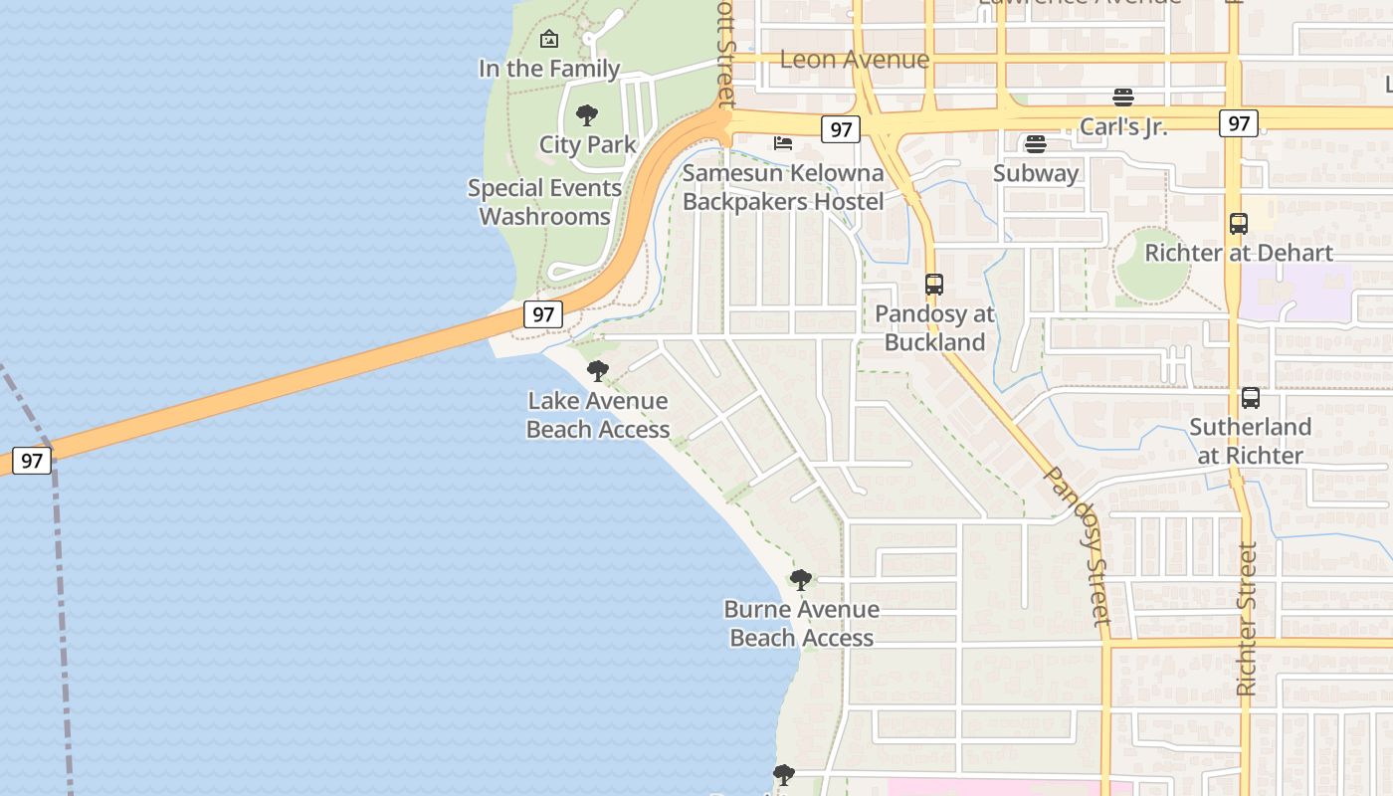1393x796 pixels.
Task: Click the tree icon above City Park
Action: (587, 115)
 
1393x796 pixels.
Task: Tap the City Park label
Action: (587, 144)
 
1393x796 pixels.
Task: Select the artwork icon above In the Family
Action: (548, 40)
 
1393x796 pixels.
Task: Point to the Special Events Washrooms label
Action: (544, 202)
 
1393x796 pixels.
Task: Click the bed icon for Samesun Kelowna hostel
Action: (783, 143)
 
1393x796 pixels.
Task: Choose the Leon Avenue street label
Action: (855, 59)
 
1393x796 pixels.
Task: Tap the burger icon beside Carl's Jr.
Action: (1123, 98)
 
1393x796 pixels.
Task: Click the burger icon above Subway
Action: (1036, 144)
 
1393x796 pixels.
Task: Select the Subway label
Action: (1036, 173)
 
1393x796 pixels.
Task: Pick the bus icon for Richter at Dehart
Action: (1238, 224)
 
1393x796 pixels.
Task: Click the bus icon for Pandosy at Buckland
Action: (933, 285)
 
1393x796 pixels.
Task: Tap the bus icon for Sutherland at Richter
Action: (1251, 398)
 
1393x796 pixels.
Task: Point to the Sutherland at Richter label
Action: (1251, 441)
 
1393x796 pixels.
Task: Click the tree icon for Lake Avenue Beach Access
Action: (597, 372)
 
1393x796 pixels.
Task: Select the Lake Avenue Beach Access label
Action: (597, 415)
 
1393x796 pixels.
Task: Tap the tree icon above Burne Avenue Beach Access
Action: (801, 580)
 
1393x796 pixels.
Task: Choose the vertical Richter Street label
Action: (1247, 619)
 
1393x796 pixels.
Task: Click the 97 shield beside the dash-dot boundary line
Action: (31, 461)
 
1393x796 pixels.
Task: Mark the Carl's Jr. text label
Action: (1123, 126)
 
